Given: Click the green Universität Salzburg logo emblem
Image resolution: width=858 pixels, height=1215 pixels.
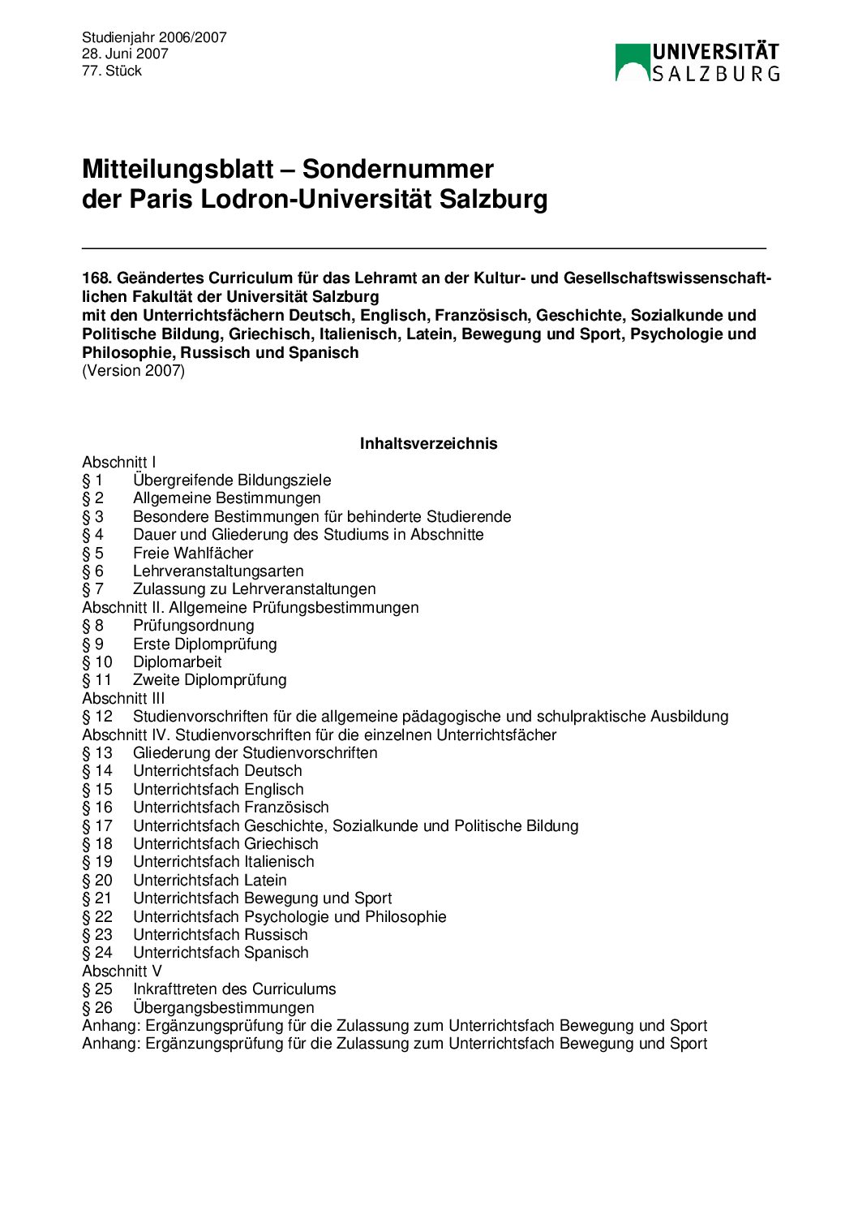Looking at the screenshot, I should coord(633,62).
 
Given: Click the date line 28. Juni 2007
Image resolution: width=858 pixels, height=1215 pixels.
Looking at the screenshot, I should coord(125,54).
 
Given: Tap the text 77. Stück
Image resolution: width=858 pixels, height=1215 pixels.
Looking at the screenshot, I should coord(112,71).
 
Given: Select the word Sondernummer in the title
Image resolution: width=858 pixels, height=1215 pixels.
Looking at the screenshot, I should coord(397,169).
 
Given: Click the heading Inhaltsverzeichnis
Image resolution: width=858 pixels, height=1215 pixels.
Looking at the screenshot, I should coord(428,443).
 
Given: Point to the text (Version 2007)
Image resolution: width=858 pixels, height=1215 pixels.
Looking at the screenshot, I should coord(133,371).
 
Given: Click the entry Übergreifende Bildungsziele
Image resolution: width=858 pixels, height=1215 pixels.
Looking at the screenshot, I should coord(232,480).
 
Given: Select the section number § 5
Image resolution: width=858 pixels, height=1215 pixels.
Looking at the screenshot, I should coord(92,553).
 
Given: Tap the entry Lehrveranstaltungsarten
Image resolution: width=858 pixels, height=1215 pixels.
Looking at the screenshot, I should coord(218,571).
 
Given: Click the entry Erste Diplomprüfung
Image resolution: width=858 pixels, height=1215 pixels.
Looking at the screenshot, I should coord(204,644).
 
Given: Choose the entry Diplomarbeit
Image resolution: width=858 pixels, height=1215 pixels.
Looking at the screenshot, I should coord(177,661).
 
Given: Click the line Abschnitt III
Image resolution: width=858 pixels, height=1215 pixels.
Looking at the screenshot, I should coord(123,698).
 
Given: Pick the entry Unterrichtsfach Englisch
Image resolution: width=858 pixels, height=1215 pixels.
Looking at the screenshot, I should coord(218,789).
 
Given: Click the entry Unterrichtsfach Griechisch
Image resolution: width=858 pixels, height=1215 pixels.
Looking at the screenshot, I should coord(225,843).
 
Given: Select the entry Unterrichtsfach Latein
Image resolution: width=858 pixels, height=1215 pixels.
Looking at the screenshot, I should coord(209,880).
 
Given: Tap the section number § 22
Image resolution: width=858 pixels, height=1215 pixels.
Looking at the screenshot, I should coord(97,916).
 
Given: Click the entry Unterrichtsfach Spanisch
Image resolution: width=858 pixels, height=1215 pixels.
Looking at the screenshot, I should coord(221,952).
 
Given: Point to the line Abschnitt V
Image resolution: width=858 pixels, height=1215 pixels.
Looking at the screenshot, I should coord(122,971).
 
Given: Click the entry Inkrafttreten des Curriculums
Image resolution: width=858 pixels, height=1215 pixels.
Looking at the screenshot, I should coord(234,989).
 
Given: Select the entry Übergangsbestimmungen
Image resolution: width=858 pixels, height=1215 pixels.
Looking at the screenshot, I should coord(223,1007).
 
